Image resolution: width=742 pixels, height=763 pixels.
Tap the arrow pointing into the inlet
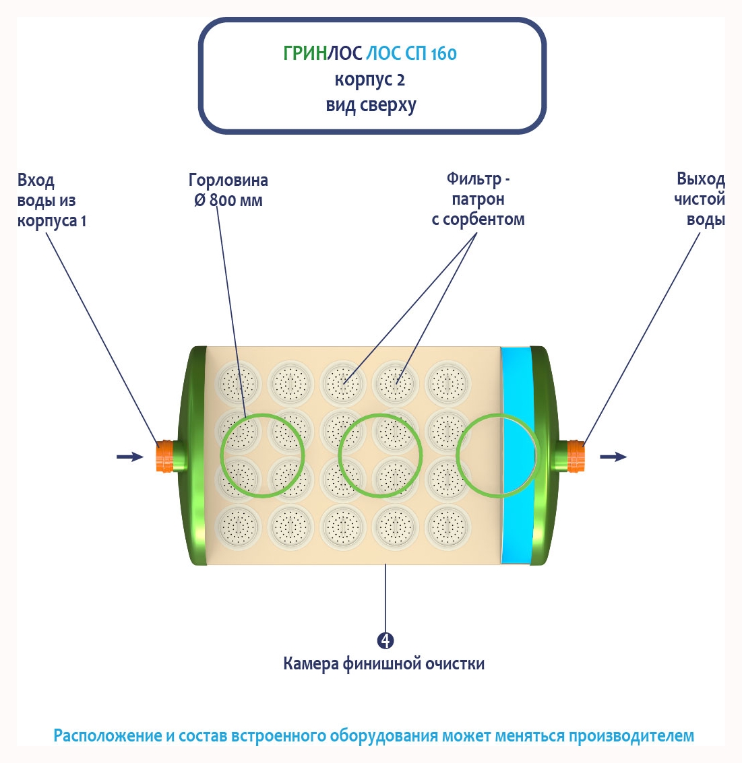129,457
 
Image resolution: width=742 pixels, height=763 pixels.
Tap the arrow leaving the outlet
613,457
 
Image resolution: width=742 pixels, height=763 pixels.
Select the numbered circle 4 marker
385,640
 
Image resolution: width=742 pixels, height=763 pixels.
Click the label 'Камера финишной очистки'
383,664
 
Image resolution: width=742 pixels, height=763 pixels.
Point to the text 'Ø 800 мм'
228,201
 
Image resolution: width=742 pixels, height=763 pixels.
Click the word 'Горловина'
228,180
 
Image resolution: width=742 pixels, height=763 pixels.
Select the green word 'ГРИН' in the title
305,53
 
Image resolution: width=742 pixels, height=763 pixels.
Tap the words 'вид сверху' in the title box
371,106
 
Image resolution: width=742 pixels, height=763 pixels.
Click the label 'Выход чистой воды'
701,199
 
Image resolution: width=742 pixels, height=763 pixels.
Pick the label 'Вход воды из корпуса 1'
51,201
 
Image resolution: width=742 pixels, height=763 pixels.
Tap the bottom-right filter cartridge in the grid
446,524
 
